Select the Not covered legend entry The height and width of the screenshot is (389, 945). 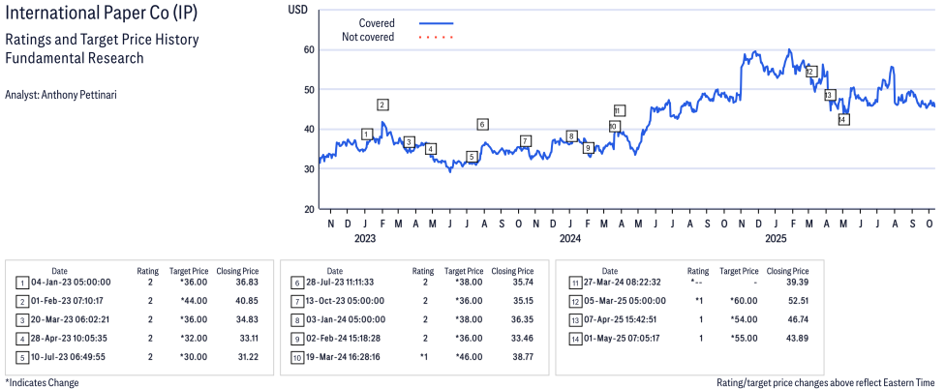(x=368, y=38)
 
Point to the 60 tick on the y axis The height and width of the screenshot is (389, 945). (x=308, y=49)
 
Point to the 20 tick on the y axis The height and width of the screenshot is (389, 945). (x=308, y=209)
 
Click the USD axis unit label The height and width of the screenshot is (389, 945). (x=299, y=9)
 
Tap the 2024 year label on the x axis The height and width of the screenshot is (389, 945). (x=569, y=238)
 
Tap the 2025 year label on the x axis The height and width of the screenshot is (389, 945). (x=775, y=238)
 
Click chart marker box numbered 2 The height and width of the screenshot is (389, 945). (x=382, y=105)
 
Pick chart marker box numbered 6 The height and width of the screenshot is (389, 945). (x=482, y=124)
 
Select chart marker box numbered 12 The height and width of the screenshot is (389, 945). (x=811, y=71)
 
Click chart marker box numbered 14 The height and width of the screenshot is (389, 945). (x=843, y=119)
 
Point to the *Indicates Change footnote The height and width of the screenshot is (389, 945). (x=42, y=382)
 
